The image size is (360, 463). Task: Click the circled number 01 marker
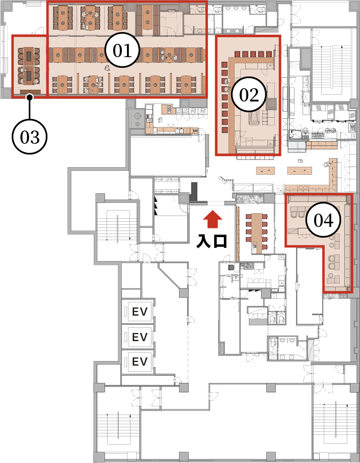pyautogui.click(x=122, y=51)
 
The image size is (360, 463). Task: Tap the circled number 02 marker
pyautogui.click(x=249, y=95)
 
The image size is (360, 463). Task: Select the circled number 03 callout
pyautogui.click(x=30, y=137)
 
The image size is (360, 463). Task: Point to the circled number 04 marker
pyautogui.click(x=323, y=220)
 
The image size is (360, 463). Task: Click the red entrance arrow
pyautogui.click(x=213, y=219)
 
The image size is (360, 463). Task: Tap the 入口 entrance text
pyautogui.click(x=212, y=241)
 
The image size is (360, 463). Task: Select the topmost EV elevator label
pyautogui.click(x=140, y=312)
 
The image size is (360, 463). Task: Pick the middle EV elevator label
pyautogui.click(x=140, y=337)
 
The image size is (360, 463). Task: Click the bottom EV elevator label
pyautogui.click(x=140, y=362)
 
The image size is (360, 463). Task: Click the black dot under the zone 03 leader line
pyautogui.click(x=29, y=97)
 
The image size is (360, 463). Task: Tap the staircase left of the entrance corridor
pyautogui.click(x=118, y=225)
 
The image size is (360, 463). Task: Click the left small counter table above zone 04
pyautogui.click(x=265, y=170)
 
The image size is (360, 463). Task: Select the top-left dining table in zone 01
pyautogui.click(x=62, y=18)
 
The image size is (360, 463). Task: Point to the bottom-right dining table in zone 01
pyautogui.click(x=186, y=85)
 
